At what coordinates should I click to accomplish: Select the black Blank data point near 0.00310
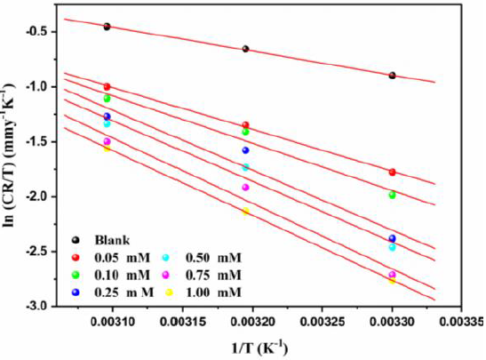[108, 27]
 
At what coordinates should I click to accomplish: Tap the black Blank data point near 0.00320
[246, 49]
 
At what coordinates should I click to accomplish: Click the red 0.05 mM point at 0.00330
[392, 172]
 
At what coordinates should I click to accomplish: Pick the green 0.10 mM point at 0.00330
[392, 195]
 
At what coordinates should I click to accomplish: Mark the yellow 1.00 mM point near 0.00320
[246, 211]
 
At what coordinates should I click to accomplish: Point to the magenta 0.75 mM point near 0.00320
[246, 188]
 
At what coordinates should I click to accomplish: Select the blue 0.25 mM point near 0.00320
[246, 150]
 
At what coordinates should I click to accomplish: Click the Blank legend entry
[98, 240]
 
